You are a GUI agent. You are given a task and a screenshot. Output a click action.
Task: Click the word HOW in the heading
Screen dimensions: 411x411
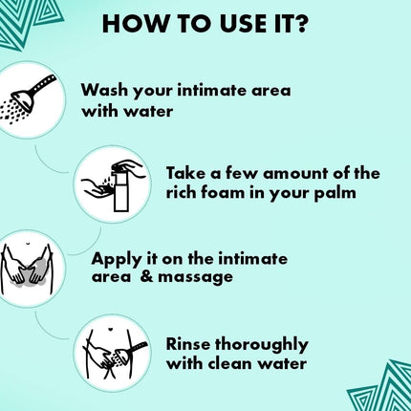point(132,23)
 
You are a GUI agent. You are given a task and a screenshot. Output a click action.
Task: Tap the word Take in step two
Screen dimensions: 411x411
point(187,173)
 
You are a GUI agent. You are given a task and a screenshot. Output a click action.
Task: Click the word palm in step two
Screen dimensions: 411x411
point(337,194)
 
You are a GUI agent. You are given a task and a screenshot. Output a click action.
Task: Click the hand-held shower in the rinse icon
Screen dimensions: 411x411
point(129,353)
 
